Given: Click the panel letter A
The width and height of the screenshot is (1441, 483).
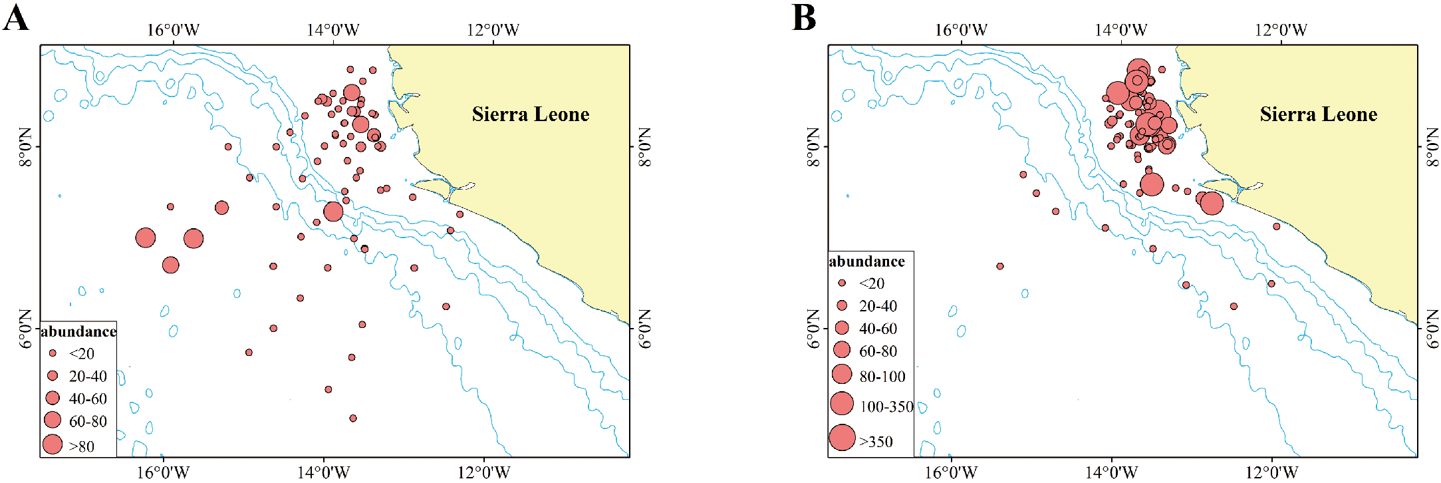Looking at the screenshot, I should coord(16,17).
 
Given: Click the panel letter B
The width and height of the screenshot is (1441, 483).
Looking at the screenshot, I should coord(804,17).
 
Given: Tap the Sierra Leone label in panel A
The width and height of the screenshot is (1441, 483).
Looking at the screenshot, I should coord(530,114).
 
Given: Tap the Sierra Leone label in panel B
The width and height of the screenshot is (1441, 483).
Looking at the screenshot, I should coord(1318,114).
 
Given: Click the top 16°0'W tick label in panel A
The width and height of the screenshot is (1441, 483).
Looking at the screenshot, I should coord(173,30).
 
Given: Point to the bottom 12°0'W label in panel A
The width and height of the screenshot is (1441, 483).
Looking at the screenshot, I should coord(483,472).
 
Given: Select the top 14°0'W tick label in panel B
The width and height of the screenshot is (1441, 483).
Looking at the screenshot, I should coord(1120,30).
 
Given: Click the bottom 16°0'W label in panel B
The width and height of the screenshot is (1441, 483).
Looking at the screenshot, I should coord(951,472).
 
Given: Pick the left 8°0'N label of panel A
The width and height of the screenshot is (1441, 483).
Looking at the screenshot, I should coord(25,147).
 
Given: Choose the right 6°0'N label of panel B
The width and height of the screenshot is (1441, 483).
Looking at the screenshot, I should coord(1432,329).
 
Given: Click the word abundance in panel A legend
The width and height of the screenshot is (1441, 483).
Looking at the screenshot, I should coord(78,331).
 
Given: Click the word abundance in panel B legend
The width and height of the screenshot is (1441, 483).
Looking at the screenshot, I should coord(866,261).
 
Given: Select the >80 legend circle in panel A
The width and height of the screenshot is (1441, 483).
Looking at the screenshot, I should coord(53,444).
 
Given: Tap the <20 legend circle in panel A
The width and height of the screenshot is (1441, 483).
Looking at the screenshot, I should coord(53,353).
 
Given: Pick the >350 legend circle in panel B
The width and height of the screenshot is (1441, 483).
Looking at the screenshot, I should coord(842,438).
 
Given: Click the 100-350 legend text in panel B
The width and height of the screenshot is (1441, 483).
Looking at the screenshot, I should coord(886,406).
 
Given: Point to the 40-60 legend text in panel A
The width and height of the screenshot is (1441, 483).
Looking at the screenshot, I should coord(88,399).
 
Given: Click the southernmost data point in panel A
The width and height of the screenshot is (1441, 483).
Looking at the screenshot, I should coord(353,418).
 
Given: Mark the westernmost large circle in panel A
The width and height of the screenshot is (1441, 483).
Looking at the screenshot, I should coord(146,238).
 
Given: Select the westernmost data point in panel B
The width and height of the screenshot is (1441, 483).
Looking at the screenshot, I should coord(999,266).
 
